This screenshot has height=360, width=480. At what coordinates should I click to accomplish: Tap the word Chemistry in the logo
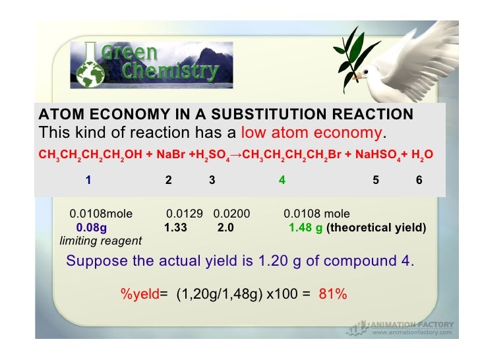click(x=171, y=71)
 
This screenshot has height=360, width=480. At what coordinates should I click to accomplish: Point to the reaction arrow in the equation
click(x=234, y=156)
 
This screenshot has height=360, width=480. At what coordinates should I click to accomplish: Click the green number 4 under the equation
click(x=282, y=180)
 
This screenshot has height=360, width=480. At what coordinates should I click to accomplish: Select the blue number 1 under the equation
click(x=88, y=180)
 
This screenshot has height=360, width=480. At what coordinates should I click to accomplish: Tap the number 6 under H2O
click(x=419, y=180)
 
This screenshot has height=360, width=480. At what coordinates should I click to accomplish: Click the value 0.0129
click(x=183, y=214)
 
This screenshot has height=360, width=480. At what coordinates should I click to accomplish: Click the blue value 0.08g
click(x=92, y=227)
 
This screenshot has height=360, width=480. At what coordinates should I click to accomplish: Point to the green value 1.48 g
click(x=305, y=227)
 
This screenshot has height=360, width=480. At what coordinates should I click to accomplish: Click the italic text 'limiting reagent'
click(x=100, y=241)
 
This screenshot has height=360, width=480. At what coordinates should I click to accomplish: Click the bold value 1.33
click(x=175, y=227)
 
